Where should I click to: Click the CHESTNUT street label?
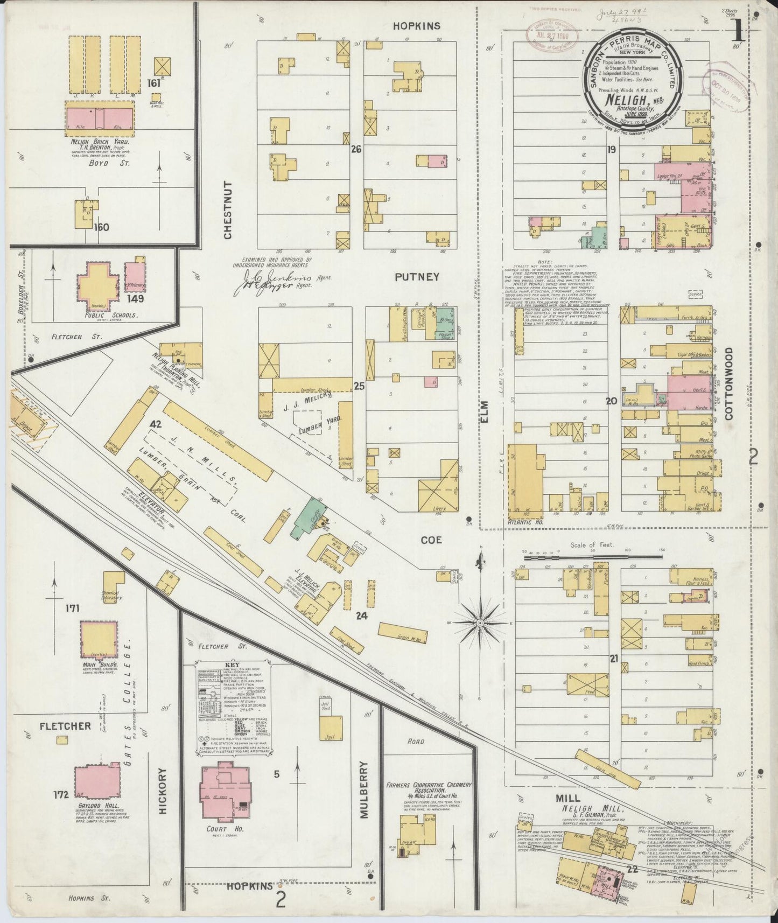(228, 211)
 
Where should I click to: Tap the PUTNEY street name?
(417, 277)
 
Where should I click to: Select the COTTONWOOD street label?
(730, 383)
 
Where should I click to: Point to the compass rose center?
(479, 623)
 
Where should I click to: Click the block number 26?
(356, 149)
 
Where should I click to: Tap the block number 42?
(156, 424)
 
